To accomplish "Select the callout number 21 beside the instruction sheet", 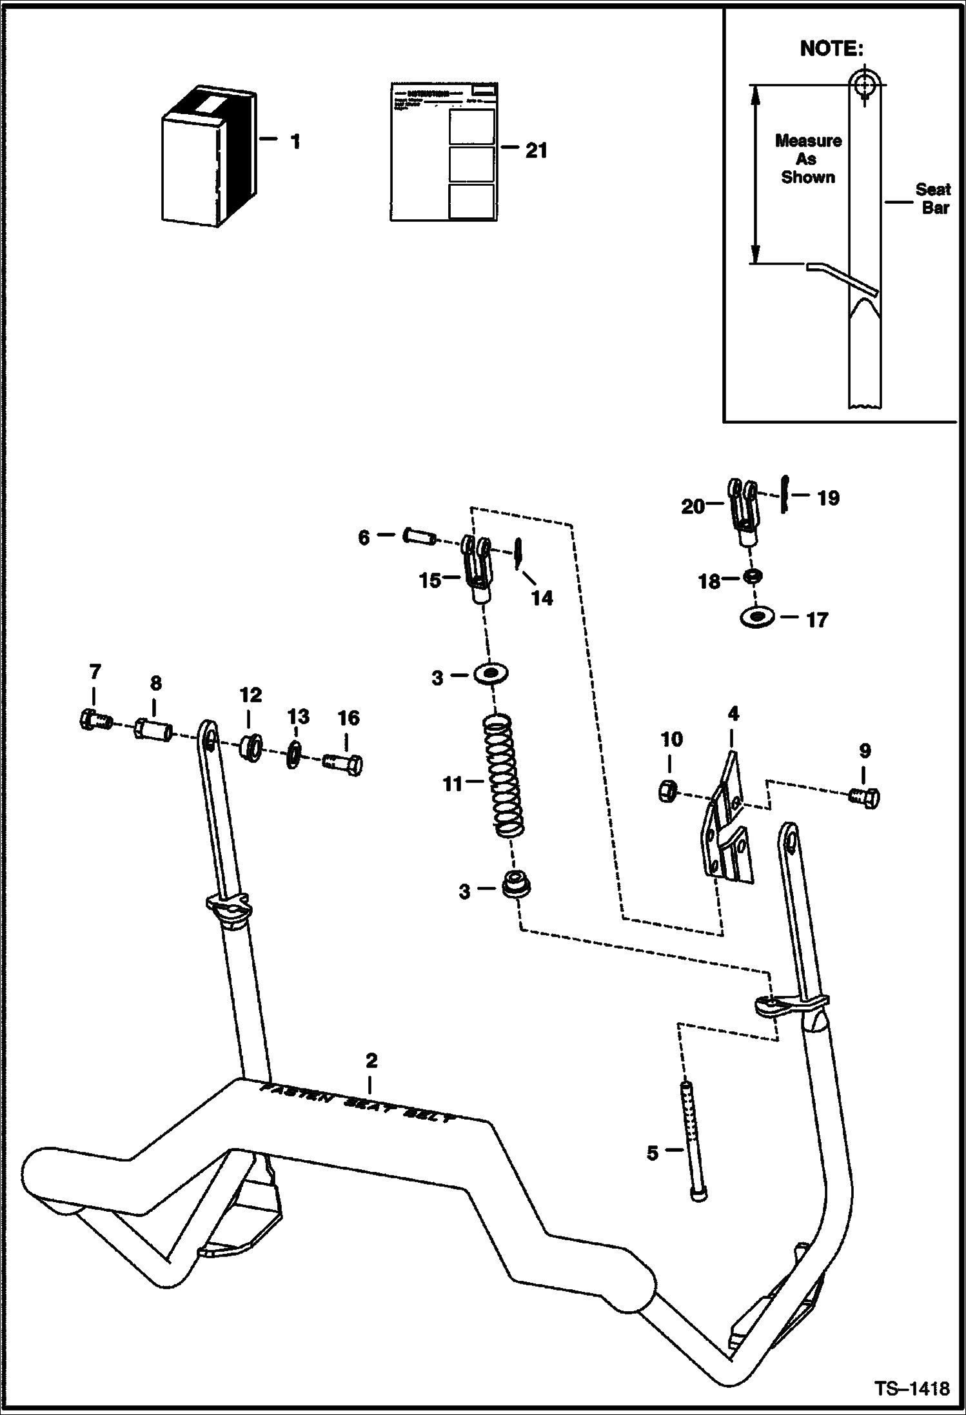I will pyautogui.click(x=536, y=150).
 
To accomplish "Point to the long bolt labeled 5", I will pyautogui.click(x=695, y=1139).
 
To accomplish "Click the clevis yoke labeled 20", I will pyautogui.click(x=744, y=509).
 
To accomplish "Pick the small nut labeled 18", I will pyautogui.click(x=750, y=576).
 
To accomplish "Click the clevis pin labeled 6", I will pyautogui.click(x=419, y=536).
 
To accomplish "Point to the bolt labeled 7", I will pyautogui.click(x=94, y=718).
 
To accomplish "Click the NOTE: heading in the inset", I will pyautogui.click(x=831, y=48).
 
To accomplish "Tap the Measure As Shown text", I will pyautogui.click(x=808, y=159).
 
